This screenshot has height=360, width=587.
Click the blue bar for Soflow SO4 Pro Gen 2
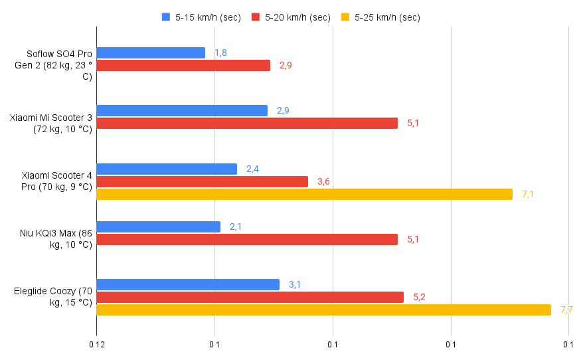click(x=151, y=52)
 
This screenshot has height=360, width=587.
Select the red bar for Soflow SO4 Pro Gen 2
click(x=183, y=65)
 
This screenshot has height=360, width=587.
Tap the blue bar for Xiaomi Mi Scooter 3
click(x=182, y=110)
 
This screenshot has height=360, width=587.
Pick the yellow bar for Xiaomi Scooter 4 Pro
click(x=304, y=194)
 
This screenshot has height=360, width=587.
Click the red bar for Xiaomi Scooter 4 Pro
click(x=202, y=181)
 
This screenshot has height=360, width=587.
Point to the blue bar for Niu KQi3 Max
click(x=158, y=226)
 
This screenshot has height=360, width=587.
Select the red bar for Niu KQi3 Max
click(x=247, y=239)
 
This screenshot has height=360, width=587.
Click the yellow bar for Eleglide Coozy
click(x=323, y=310)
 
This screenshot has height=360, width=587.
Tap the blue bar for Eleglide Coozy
click(x=188, y=284)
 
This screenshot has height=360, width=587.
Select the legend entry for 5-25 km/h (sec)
click(x=380, y=17)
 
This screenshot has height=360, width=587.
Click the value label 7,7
click(x=566, y=310)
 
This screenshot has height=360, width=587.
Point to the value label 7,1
click(x=528, y=194)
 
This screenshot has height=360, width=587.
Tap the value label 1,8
click(x=221, y=52)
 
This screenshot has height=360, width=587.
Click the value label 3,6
click(x=323, y=181)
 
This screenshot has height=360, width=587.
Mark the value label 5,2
click(x=419, y=297)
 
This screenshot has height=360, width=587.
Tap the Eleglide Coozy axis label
click(x=53, y=297)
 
